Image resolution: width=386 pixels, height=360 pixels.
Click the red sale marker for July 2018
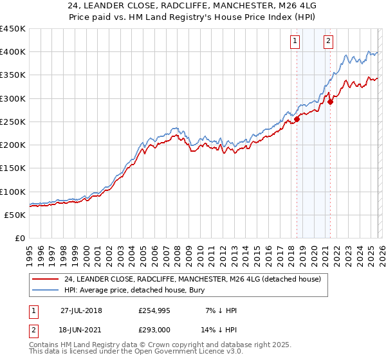tap(297, 119)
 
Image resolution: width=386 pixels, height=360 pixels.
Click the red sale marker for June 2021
tap(330, 101)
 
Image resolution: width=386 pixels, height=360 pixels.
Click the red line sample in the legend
tap(46, 279)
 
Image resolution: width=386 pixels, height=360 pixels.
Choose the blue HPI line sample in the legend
tap(46, 290)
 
